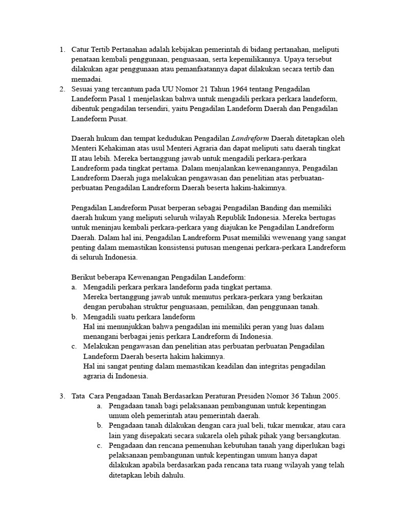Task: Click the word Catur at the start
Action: point(81,50)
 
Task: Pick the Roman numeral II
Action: point(74,159)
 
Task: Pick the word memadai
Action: point(87,80)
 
